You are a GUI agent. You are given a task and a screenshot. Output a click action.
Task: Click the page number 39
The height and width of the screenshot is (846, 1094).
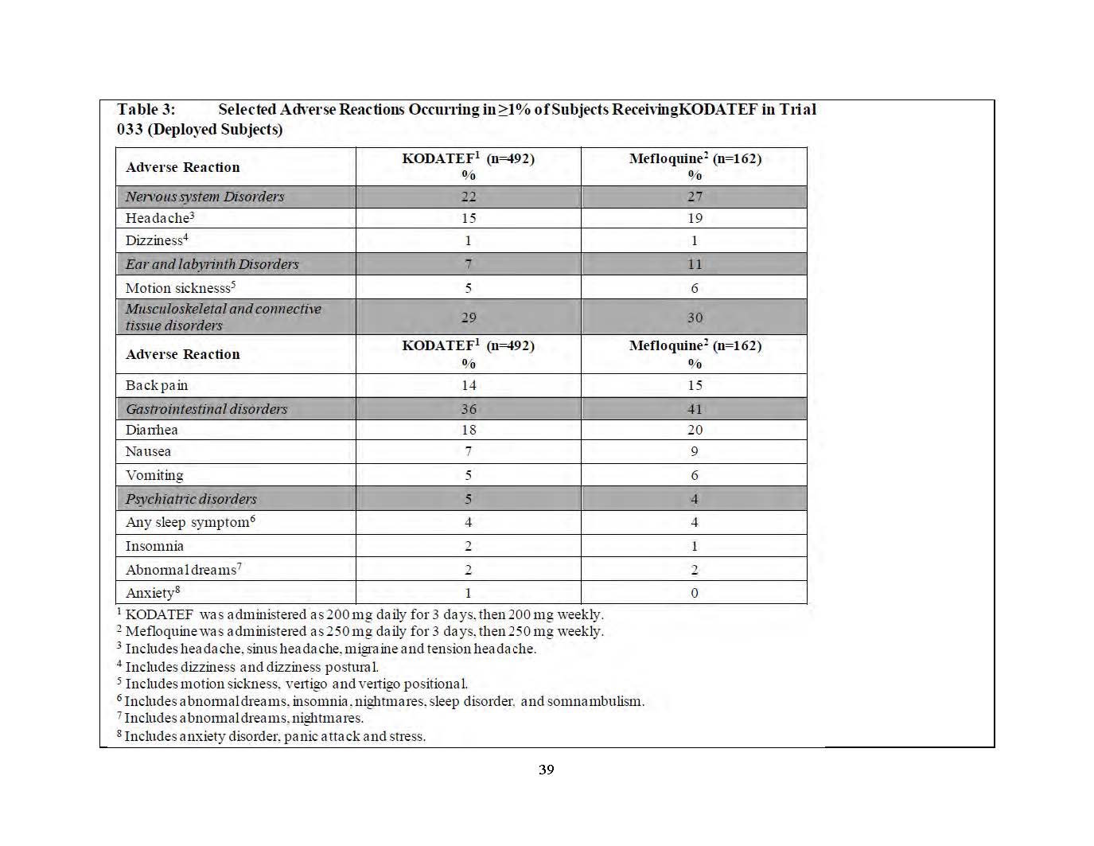tap(546, 770)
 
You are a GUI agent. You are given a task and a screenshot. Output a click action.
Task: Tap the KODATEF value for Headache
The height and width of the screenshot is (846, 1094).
tap(468, 218)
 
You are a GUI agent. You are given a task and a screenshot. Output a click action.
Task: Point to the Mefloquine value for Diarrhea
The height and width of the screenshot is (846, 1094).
tap(695, 430)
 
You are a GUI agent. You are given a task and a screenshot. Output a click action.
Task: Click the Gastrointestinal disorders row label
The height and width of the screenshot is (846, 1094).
tap(206, 409)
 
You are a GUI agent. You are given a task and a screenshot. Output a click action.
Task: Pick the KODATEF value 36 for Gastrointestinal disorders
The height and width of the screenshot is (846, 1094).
tap(469, 409)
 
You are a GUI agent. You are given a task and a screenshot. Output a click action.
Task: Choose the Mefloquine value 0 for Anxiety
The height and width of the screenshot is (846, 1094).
tap(695, 593)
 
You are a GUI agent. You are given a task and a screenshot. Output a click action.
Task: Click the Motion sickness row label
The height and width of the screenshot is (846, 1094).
tap(180, 288)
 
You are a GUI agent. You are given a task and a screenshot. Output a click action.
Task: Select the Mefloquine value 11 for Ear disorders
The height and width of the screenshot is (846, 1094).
tap(695, 264)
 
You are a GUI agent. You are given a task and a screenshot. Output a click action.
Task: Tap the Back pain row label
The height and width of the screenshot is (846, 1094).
tap(157, 385)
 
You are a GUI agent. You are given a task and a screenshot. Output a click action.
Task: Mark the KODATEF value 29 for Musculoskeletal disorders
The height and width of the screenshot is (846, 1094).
tap(469, 318)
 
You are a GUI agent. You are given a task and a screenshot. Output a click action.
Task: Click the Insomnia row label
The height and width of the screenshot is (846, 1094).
tap(154, 546)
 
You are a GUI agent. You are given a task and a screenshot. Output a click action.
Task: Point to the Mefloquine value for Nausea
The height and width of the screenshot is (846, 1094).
tap(695, 451)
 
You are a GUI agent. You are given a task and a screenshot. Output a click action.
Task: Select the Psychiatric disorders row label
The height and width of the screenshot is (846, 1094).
tap(191, 499)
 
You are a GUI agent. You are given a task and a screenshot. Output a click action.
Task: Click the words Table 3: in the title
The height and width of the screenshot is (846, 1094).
tap(146, 110)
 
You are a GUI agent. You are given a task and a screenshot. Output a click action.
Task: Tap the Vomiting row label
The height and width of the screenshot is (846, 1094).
tap(154, 475)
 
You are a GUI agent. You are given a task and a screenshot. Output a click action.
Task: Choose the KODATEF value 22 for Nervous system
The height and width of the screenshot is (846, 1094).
tap(468, 197)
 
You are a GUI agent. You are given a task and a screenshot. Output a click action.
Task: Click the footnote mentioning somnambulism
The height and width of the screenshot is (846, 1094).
tap(383, 701)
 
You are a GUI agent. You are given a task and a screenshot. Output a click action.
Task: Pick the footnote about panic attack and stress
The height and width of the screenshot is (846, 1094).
tap(274, 736)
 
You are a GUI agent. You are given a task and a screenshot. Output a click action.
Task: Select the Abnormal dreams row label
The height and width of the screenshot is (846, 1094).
tap(183, 570)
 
